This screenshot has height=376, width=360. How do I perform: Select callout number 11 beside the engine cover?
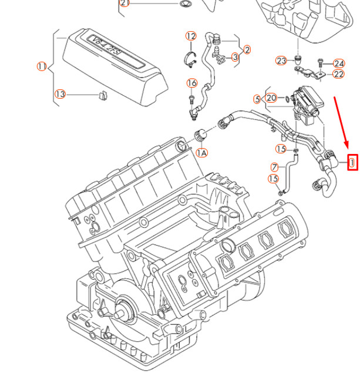point(42,66)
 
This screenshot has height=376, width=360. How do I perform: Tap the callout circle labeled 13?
point(60,94)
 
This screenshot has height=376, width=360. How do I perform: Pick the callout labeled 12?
point(191,36)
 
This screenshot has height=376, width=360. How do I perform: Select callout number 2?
point(247,50)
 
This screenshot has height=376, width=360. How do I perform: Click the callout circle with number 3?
point(234,57)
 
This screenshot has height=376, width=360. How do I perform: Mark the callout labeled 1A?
point(201,153)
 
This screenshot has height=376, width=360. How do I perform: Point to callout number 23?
point(281,61)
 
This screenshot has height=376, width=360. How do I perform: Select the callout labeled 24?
point(339,63)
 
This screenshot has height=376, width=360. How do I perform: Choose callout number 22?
point(338,74)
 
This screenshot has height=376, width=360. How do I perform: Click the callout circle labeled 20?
point(271,98)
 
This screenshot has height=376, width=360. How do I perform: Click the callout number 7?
point(274,167)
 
